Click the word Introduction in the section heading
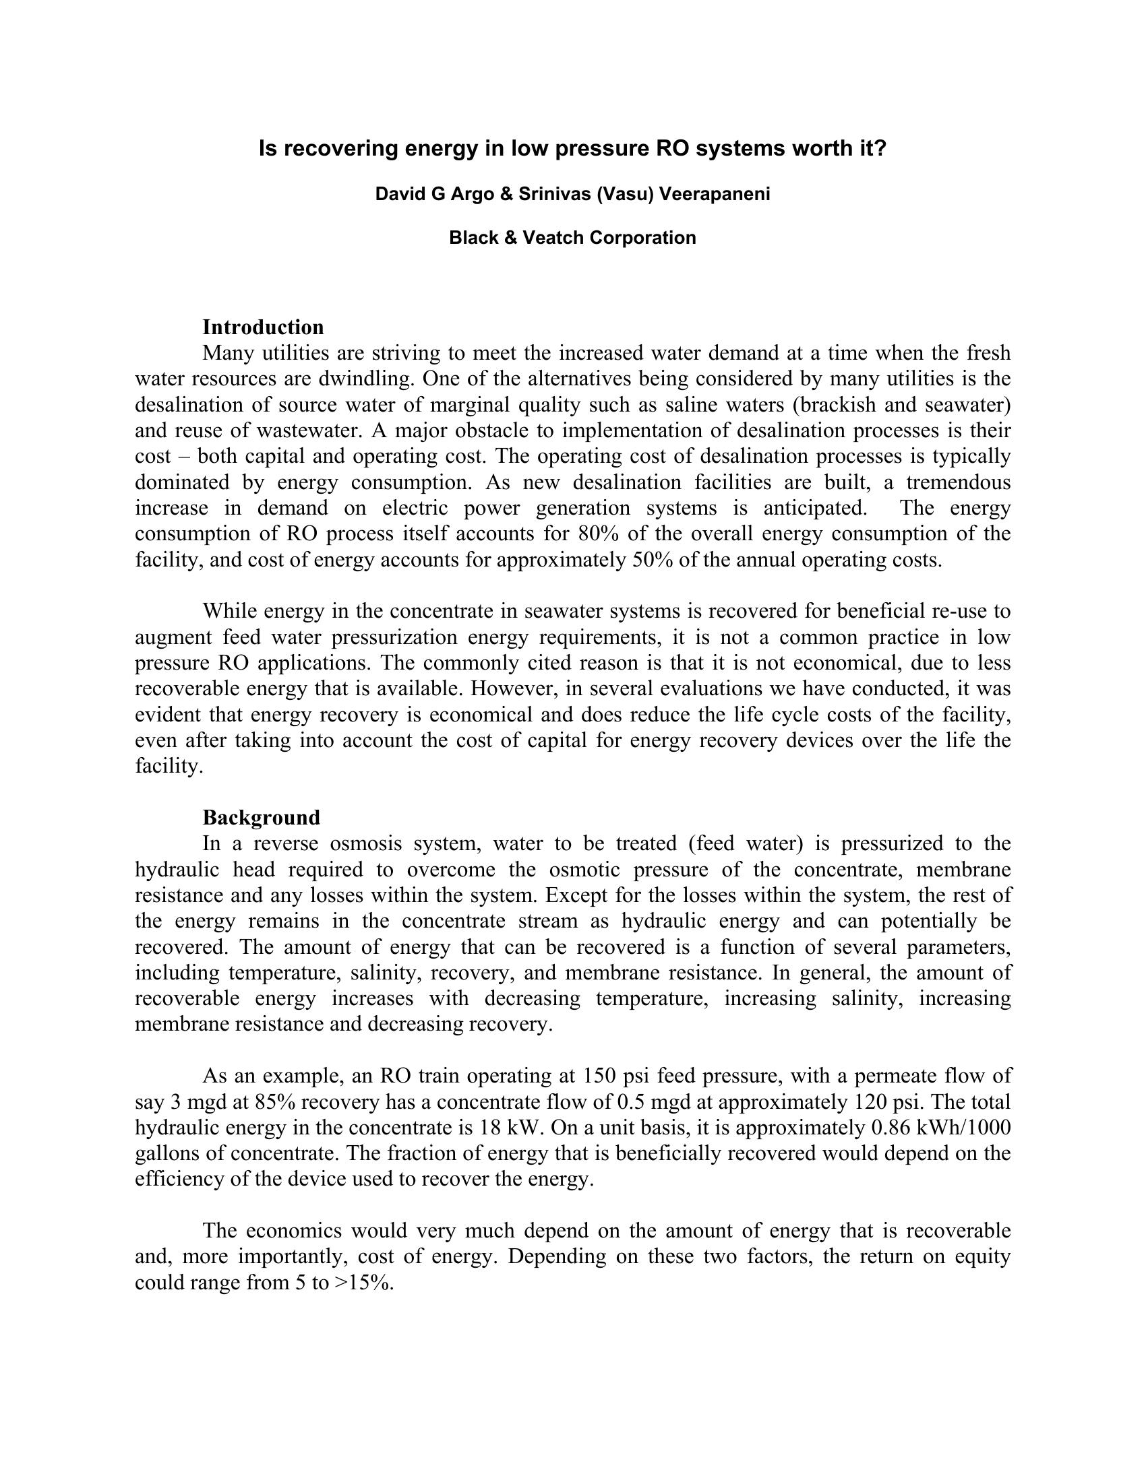click(263, 328)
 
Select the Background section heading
click(261, 818)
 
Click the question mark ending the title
click(880, 149)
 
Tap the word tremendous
click(958, 482)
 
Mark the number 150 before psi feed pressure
click(599, 1076)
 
